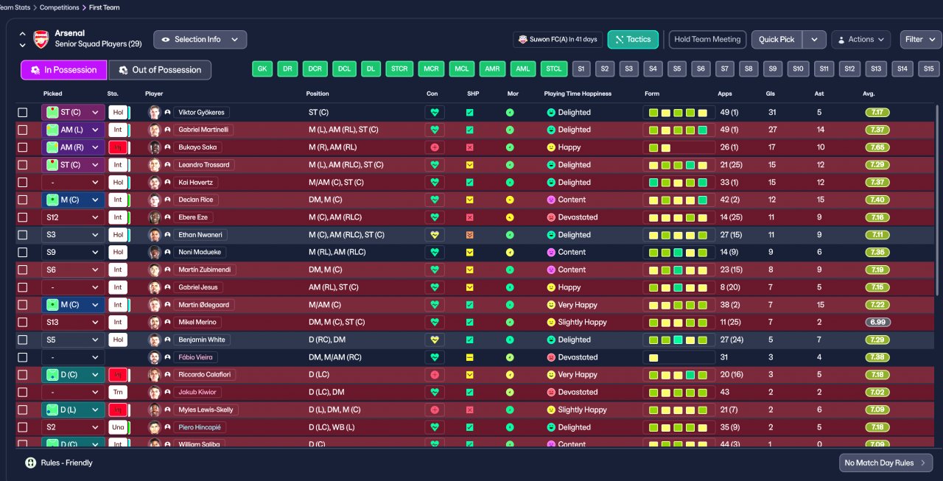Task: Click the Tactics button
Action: point(633,40)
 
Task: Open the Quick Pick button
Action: point(777,40)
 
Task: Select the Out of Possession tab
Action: point(160,70)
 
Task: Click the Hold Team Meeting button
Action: point(707,40)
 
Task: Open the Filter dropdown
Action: point(919,40)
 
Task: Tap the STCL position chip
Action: point(553,69)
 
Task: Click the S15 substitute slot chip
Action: point(928,69)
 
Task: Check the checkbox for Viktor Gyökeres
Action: point(23,113)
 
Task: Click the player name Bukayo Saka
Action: point(197,147)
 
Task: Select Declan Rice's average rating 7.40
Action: point(877,200)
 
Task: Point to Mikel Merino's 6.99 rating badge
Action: point(877,322)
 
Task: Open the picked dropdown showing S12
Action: point(73,217)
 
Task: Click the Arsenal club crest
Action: point(41,39)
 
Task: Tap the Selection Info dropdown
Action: point(200,40)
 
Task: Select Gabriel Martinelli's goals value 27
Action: point(773,130)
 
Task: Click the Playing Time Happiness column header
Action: point(578,94)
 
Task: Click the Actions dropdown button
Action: point(860,40)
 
